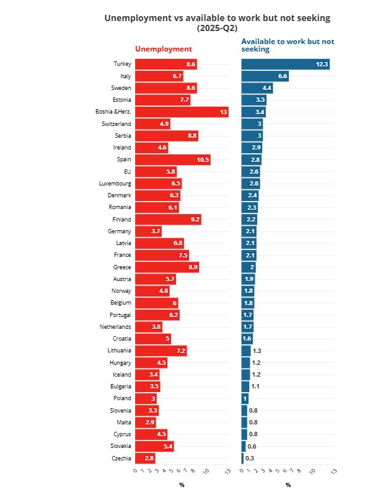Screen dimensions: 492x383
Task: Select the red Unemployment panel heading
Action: click(x=164, y=49)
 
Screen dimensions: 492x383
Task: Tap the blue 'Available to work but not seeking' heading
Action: click(x=287, y=45)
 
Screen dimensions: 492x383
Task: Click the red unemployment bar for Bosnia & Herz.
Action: click(x=182, y=112)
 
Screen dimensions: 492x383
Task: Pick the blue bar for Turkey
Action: click(x=285, y=64)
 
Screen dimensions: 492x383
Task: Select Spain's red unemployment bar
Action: click(x=172, y=159)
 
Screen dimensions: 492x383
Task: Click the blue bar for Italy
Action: click(x=265, y=76)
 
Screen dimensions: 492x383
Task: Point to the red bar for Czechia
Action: click(x=144, y=458)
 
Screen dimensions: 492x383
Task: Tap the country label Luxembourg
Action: click(x=115, y=184)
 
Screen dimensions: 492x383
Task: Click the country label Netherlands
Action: click(x=115, y=327)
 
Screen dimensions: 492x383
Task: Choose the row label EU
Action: click(x=127, y=172)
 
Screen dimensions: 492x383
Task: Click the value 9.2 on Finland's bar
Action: click(x=195, y=220)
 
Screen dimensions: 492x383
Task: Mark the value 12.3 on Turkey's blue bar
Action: click(x=322, y=65)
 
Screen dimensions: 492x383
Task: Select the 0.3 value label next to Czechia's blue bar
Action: click(x=250, y=458)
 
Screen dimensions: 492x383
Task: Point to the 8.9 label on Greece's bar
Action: click(x=192, y=267)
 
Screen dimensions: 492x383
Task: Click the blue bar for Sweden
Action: click(x=257, y=88)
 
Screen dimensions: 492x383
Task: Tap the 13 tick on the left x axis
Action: click(x=227, y=472)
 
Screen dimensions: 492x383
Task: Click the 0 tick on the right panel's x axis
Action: click(x=242, y=471)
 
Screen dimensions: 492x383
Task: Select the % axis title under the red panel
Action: click(x=182, y=485)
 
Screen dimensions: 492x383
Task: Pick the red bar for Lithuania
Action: click(x=161, y=351)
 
